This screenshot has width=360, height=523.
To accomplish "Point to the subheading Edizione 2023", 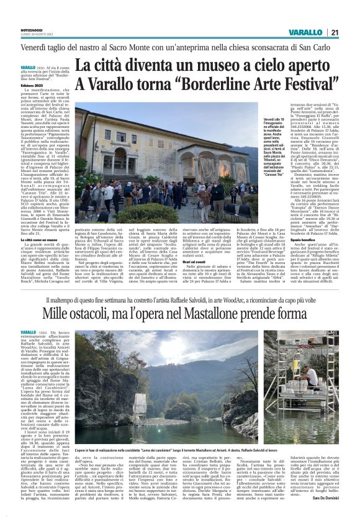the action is [x=33, y=85].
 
